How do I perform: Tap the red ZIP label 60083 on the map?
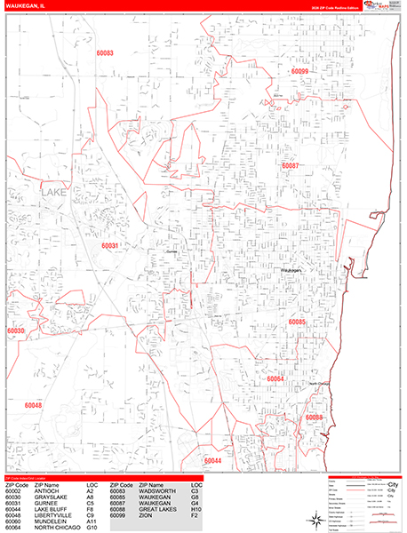coord(105,54)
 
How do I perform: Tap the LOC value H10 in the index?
coord(192,509)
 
